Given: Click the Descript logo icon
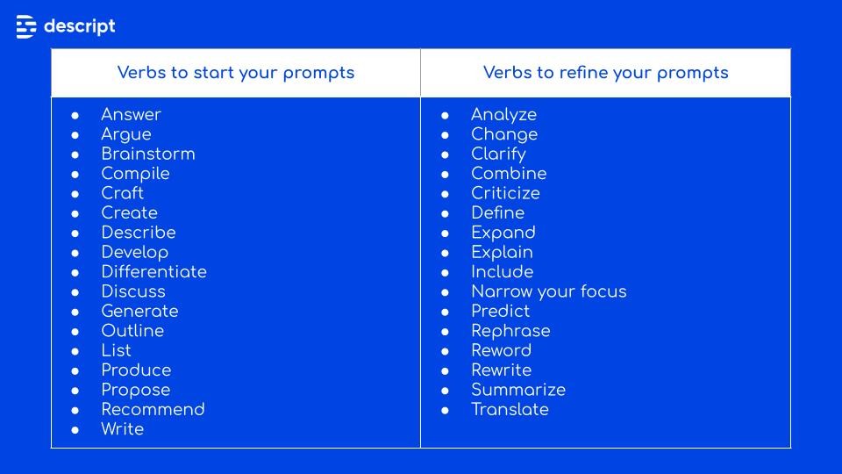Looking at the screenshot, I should (x=26, y=26).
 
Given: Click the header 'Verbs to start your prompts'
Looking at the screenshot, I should (x=236, y=73).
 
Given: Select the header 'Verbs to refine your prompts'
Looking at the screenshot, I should (x=605, y=73).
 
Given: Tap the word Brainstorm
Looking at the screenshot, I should (x=148, y=154).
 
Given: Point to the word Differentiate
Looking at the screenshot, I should (x=153, y=272).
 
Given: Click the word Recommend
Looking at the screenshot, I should (x=153, y=410).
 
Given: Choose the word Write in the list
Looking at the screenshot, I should (x=122, y=429).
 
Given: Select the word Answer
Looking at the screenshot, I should (x=131, y=115).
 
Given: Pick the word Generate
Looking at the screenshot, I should (x=139, y=312).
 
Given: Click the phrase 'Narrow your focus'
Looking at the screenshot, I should (x=548, y=291).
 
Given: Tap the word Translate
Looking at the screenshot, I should (x=510, y=410).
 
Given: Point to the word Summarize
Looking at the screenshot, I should (x=517, y=390).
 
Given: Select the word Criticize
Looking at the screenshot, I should (x=505, y=193).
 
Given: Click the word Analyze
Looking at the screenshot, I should (x=503, y=115).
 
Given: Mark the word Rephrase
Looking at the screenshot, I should (x=510, y=331).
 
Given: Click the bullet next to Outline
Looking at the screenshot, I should (x=75, y=331).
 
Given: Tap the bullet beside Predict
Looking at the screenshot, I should (x=446, y=312).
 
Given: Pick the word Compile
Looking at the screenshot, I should (x=135, y=174).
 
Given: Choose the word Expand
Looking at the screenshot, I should (x=503, y=233).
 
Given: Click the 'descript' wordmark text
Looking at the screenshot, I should (x=79, y=26).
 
